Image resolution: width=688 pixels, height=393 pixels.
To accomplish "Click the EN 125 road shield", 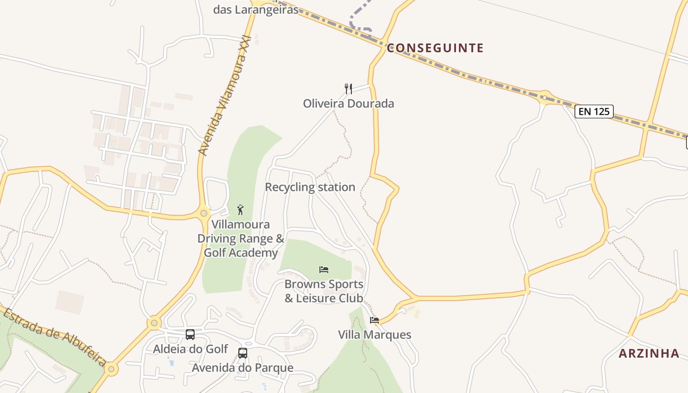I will pos(594,112).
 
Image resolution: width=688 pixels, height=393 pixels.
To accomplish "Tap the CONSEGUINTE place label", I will pos(435,48).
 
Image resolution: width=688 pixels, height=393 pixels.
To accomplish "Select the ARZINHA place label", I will pos(649,353).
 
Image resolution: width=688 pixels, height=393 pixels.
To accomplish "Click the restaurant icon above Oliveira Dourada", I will pos(348,88).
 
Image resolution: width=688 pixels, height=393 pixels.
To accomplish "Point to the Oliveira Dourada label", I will pos(348,104).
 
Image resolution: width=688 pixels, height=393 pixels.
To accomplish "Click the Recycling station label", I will pos(310,187).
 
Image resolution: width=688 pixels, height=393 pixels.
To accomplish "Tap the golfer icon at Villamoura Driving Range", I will pos(240,210).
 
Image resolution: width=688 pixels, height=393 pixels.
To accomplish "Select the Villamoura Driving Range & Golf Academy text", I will pos(241,239).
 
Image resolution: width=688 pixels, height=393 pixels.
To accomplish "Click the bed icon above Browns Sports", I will pos(324,269).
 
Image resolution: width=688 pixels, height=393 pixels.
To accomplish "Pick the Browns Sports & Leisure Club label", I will pos(324,291).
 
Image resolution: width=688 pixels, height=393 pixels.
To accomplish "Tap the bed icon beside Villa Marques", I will pos(374,320).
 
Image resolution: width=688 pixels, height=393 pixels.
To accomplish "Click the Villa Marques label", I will pos(374,335).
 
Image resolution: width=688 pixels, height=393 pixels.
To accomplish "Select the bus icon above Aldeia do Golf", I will pos(190,335).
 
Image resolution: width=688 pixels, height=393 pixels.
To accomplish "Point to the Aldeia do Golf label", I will pos(190,349).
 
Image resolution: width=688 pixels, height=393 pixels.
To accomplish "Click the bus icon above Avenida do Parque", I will pos(243,353).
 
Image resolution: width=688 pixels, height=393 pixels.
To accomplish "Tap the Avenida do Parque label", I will pos(243,368).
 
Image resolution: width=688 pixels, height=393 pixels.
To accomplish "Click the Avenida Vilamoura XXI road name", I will pos(225,96).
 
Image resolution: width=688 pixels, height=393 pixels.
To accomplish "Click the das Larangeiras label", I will pos(256,10).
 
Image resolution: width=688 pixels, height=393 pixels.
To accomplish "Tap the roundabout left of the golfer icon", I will pos(204,213).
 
